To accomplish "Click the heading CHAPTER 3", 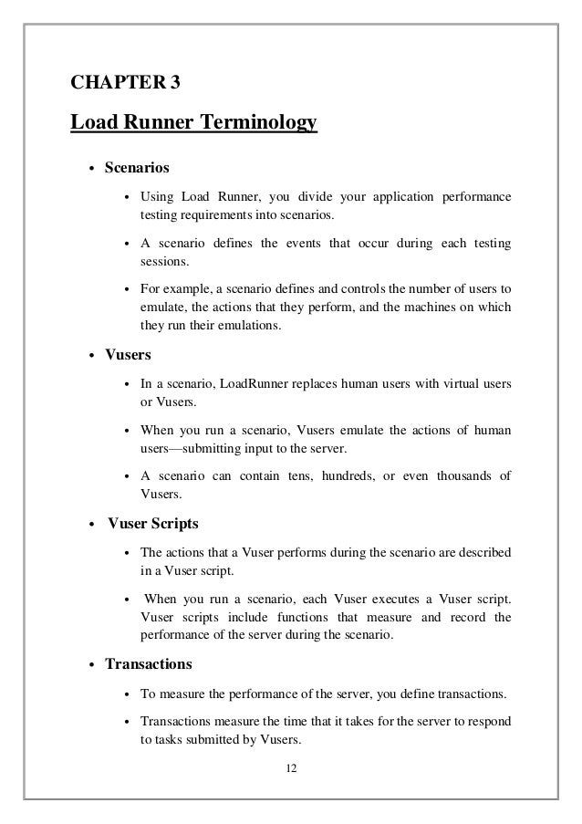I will (x=126, y=84).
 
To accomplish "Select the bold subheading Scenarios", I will (x=137, y=169).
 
